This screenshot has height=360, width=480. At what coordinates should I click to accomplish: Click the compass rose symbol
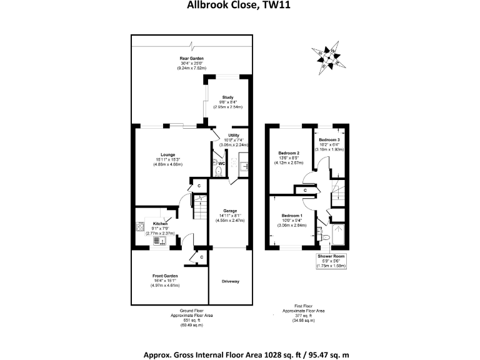click(331, 56)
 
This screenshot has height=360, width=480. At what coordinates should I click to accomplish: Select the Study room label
click(226, 97)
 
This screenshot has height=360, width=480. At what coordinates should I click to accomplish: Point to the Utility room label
click(234, 134)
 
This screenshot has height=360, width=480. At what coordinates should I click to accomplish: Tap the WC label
click(222, 164)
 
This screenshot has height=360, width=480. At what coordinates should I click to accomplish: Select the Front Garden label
click(165, 276)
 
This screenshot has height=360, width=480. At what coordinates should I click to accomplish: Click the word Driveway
click(231, 281)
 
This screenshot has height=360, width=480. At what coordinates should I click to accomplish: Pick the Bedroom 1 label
click(292, 215)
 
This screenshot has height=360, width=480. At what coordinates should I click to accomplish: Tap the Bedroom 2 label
click(289, 153)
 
